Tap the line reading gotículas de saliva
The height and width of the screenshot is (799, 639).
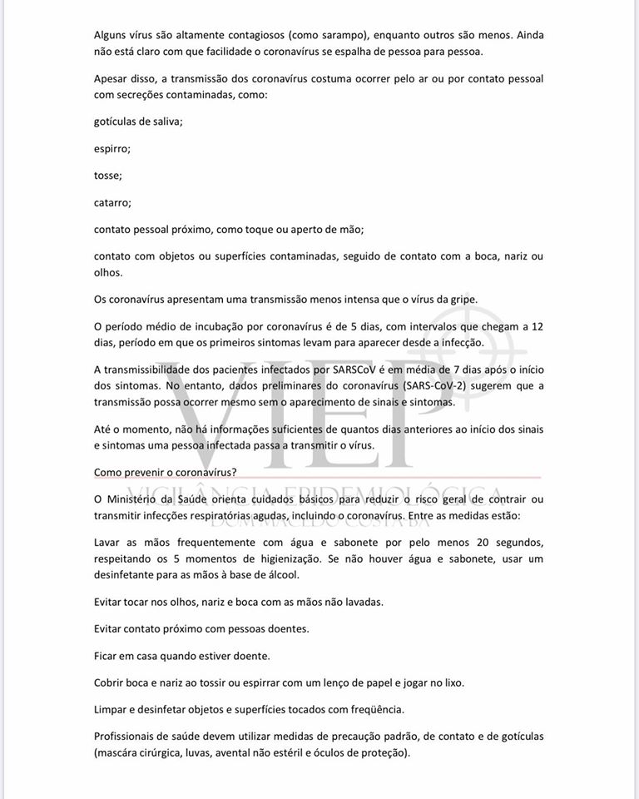138,122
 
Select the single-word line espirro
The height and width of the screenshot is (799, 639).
112,149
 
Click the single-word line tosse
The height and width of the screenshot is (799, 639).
108,176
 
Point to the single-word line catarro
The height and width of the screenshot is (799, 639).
112,202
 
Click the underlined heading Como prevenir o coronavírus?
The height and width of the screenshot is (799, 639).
165,472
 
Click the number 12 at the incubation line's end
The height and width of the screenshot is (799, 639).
537,326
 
